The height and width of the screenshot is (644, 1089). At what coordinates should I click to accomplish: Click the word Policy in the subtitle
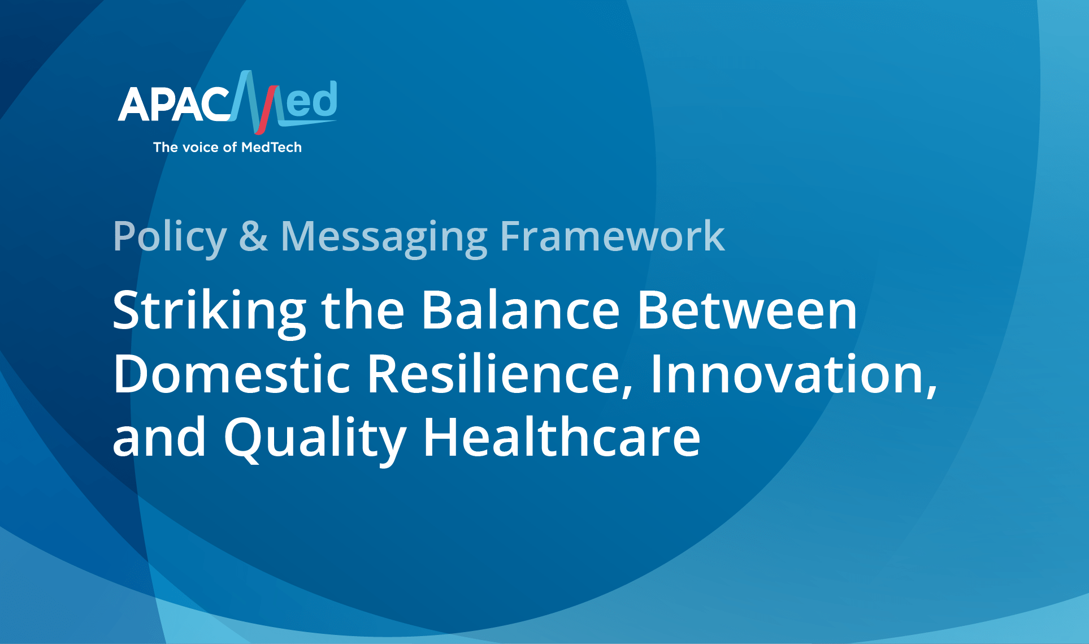(170, 237)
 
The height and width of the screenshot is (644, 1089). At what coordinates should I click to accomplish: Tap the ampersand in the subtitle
(253, 236)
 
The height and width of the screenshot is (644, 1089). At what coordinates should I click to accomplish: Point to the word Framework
(612, 236)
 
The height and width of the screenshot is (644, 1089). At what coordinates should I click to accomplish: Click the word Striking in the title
(210, 313)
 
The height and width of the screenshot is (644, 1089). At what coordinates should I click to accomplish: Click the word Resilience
(500, 374)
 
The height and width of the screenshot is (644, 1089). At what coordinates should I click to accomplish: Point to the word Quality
(315, 439)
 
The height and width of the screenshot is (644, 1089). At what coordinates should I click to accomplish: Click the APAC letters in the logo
(174, 105)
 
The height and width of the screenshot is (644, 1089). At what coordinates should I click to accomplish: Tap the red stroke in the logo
(266, 110)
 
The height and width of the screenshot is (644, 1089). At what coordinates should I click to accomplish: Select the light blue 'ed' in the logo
(311, 100)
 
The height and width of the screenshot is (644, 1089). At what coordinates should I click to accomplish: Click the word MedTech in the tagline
(271, 148)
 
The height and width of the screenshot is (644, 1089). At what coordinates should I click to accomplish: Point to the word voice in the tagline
(201, 148)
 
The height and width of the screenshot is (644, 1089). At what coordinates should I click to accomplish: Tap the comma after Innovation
(931, 390)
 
